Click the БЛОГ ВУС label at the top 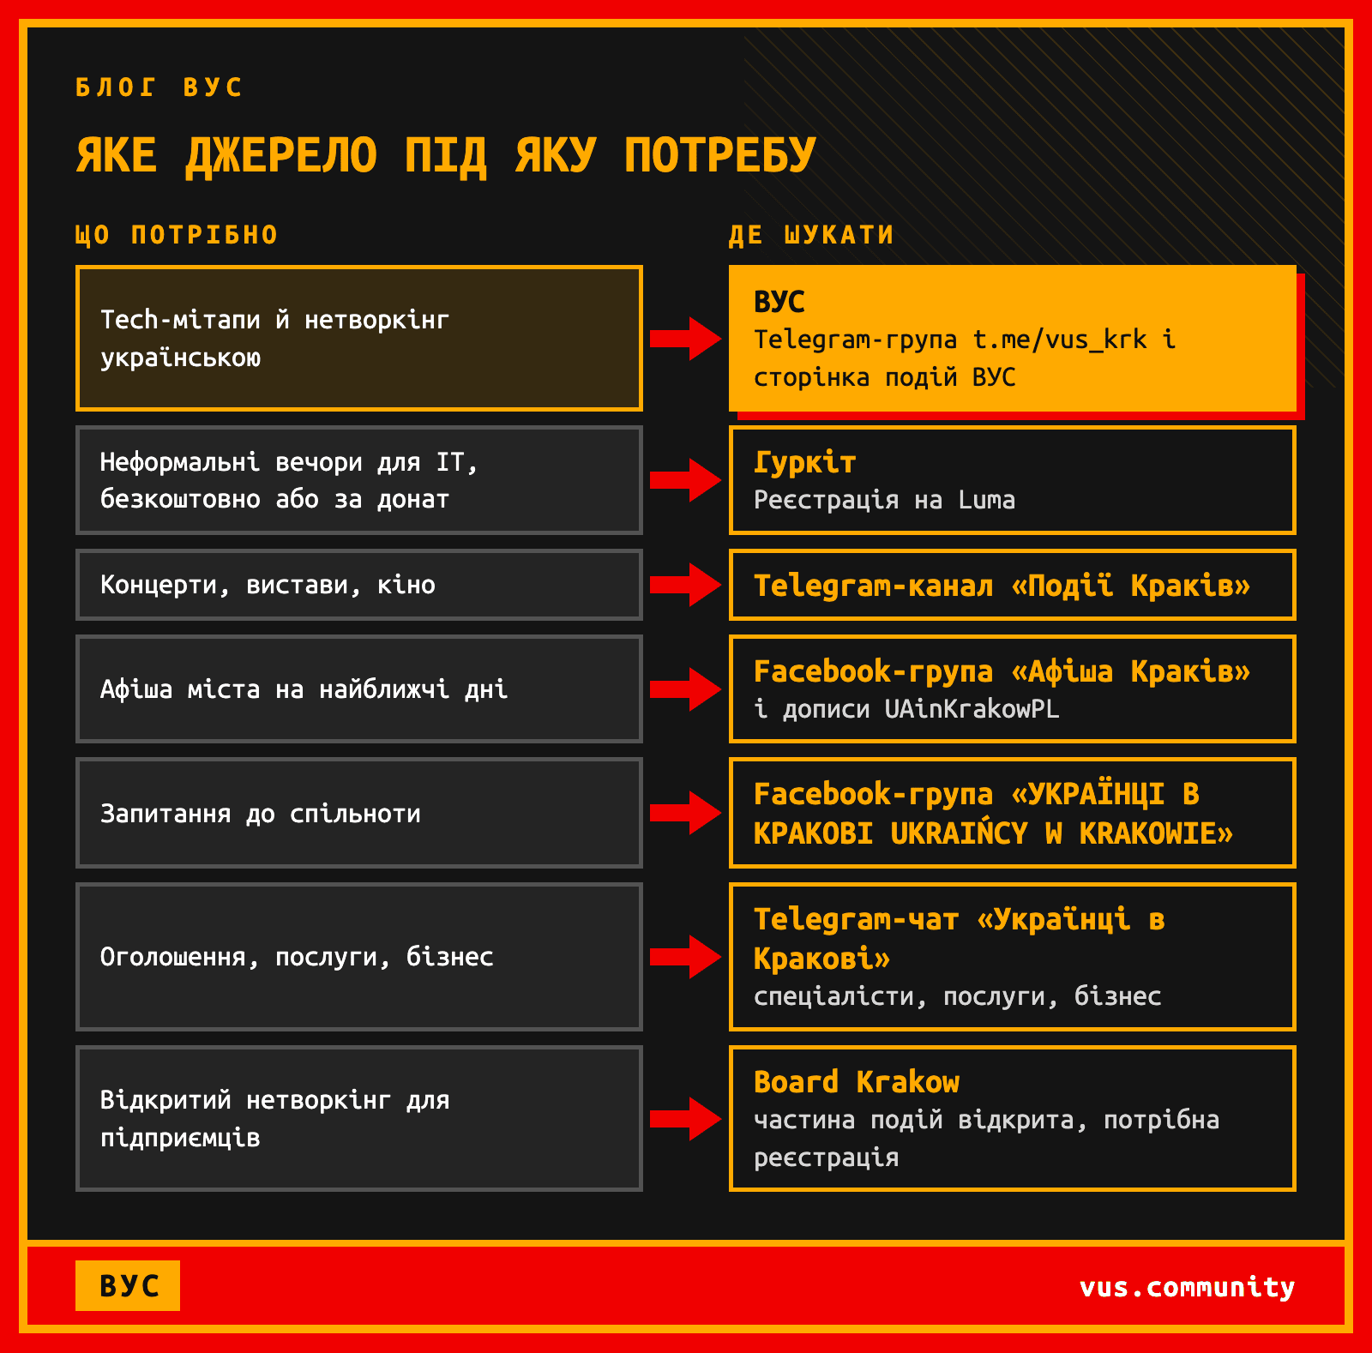159,87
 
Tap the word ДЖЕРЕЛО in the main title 281,155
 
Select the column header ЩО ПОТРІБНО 177,235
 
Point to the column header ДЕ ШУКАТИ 811,235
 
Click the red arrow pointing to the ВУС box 685,339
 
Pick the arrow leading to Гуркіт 685,480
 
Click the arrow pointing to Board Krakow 685,1119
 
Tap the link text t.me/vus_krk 1060,340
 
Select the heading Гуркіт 805,463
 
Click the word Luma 987,500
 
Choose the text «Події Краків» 1130,586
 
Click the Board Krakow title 857,1082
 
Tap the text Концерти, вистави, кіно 268,586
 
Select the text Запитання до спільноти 261,814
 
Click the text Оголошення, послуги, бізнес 297,957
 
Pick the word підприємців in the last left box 180,1139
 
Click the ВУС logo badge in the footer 128,1285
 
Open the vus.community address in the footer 1188,1287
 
